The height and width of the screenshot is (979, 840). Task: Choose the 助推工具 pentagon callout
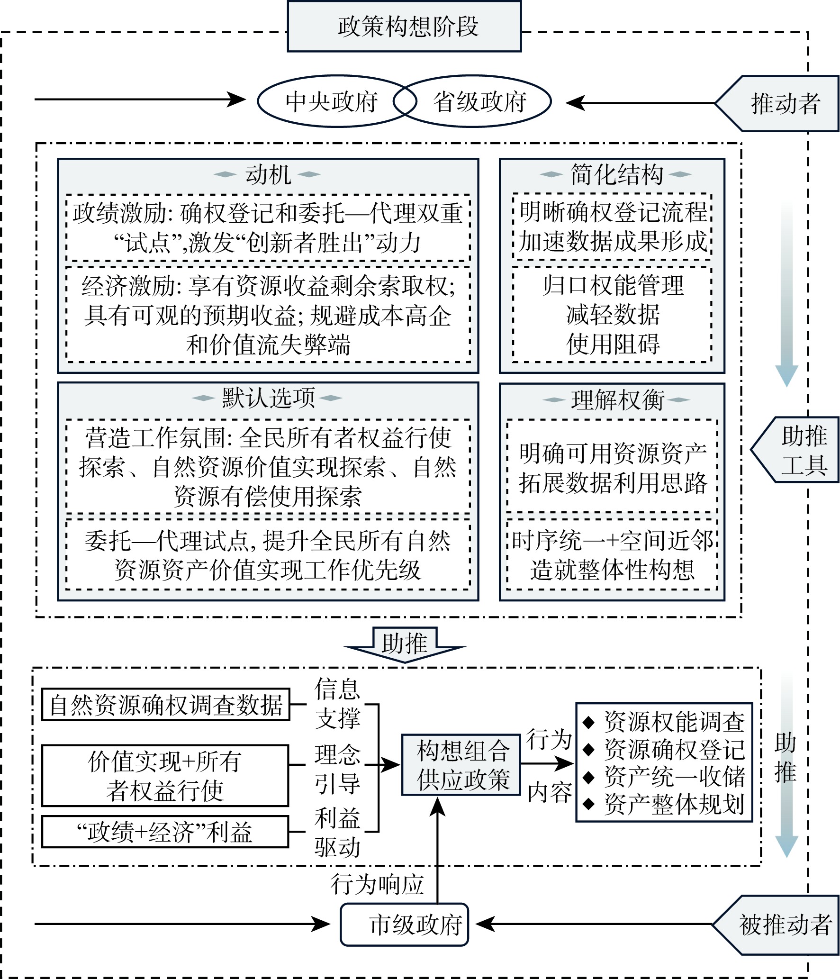[801, 450]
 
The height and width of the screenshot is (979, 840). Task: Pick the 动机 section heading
[268, 174]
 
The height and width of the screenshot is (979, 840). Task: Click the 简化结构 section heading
[616, 174]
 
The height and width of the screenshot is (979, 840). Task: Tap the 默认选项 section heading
[268, 398]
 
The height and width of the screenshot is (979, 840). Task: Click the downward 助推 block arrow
[404, 644]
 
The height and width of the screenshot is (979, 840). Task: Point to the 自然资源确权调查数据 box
[166, 705]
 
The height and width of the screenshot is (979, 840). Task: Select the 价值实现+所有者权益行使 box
[165, 776]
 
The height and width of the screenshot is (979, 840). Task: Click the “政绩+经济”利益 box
[165, 832]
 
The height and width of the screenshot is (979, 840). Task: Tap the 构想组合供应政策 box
[462, 765]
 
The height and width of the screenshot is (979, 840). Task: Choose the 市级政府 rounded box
[405, 925]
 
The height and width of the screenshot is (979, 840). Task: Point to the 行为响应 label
[377, 884]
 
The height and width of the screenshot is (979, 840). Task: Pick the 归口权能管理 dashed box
[612, 314]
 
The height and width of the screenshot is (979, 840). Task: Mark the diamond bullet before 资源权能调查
[588, 722]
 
